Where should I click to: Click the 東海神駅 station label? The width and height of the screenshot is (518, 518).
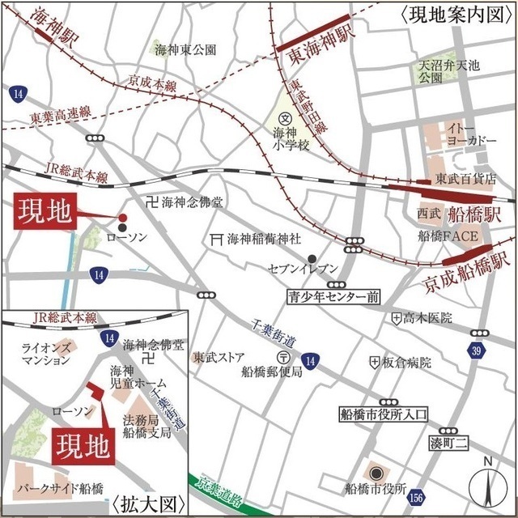[x=316, y=34]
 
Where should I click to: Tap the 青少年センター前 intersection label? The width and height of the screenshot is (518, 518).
[x=334, y=297]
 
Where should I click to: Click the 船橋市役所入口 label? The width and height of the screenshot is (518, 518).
[x=381, y=415]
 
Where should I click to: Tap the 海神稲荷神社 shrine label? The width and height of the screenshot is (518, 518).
[x=263, y=239]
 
